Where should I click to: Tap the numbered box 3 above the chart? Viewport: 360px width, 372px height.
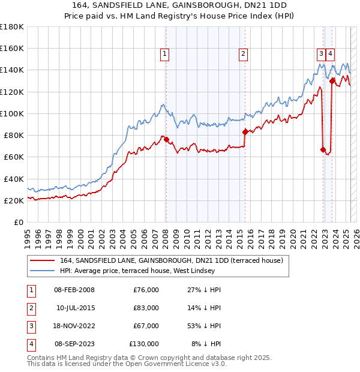point(321,53)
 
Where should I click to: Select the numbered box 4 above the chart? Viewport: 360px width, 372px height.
point(331,53)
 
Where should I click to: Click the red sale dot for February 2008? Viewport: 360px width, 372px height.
point(166,140)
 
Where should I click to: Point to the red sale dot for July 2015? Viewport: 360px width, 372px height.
point(245,132)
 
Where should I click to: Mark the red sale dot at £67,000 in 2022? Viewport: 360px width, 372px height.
point(323,149)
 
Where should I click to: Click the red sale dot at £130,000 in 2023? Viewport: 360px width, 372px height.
point(332,80)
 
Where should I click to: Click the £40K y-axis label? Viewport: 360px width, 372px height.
point(14,179)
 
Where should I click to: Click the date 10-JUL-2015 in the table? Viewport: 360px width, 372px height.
point(74,308)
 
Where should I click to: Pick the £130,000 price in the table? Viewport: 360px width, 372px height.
point(144,344)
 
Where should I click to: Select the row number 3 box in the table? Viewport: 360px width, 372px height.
point(31,326)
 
